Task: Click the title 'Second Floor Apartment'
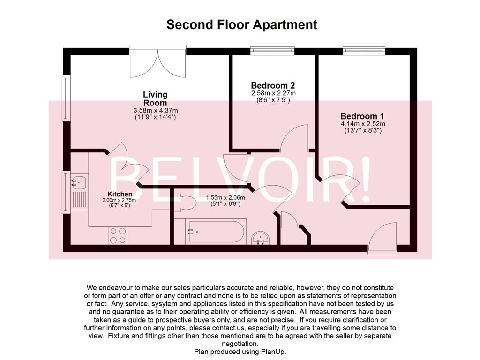(x=241, y=24)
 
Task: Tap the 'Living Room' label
(x=155, y=99)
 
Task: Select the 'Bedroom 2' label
(x=273, y=86)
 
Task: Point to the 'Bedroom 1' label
(x=362, y=116)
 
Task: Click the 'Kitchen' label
(x=120, y=194)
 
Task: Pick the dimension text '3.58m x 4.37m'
(x=155, y=111)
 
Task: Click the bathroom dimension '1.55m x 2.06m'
(x=225, y=197)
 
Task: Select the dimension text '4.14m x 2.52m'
(x=362, y=124)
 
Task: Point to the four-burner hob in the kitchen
(x=118, y=235)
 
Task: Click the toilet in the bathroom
(x=186, y=203)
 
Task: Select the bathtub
(x=215, y=231)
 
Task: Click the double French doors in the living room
(x=158, y=62)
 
